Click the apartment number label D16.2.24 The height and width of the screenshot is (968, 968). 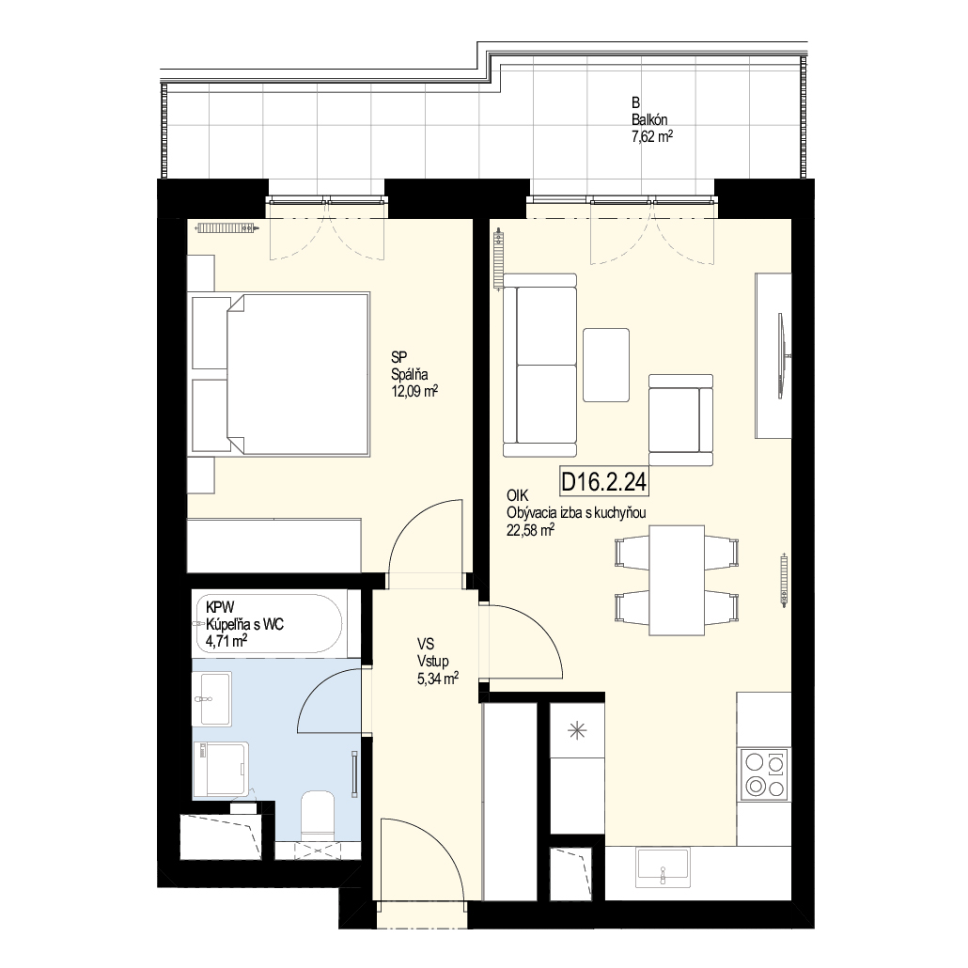pos(604,481)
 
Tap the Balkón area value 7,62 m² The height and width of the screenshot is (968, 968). pos(652,136)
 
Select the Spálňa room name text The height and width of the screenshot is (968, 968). pos(410,374)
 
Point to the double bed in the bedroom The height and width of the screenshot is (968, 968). pos(281,375)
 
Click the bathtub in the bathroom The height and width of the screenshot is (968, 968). pos(268,623)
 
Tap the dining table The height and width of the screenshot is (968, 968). pos(677,580)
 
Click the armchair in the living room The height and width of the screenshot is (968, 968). pos(681,420)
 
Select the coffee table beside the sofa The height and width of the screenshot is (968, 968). pos(606,365)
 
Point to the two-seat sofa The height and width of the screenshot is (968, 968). pos(539,366)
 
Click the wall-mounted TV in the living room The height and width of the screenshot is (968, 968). pos(783,356)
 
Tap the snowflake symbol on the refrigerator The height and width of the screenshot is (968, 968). pos(577,731)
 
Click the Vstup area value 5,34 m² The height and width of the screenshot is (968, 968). pos(438,679)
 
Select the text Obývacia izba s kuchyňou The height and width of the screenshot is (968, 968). pos(576,512)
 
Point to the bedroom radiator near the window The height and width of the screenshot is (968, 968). pos(226,228)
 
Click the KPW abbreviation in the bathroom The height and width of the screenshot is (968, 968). pos(221,607)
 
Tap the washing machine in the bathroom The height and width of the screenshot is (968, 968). pos(221,769)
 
